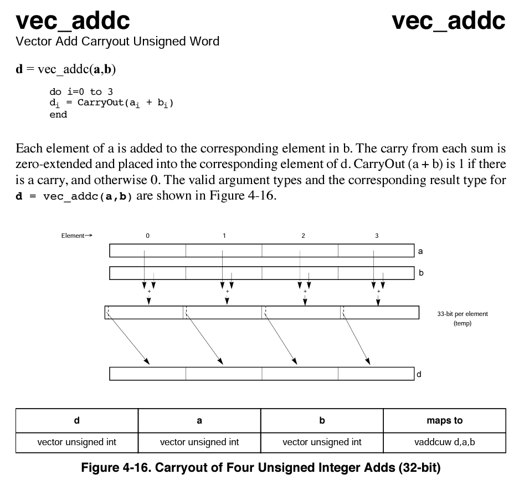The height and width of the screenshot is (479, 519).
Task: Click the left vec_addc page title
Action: click(x=73, y=21)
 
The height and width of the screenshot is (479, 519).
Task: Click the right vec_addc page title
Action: click(x=448, y=21)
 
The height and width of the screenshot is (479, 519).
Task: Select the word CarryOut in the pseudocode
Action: click(x=97, y=103)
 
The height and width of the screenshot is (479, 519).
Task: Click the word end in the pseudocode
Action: click(x=58, y=114)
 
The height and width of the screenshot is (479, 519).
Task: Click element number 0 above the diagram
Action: click(x=147, y=236)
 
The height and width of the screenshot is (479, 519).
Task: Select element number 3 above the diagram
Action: click(x=377, y=236)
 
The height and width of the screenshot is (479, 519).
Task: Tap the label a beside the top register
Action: click(x=420, y=251)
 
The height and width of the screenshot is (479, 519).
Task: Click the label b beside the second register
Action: click(x=421, y=273)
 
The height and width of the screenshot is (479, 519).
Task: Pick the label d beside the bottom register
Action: click(x=419, y=374)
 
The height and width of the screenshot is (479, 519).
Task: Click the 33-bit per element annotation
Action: click(x=463, y=314)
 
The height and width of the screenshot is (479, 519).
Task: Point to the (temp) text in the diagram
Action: click(x=463, y=323)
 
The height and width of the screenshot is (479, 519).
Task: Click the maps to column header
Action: click(x=444, y=420)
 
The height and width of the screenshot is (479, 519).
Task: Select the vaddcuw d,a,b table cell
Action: click(x=444, y=442)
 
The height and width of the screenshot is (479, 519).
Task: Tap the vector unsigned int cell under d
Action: click(x=76, y=442)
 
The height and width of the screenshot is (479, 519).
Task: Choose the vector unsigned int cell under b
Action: click(x=322, y=442)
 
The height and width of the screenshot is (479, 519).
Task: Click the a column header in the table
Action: click(x=199, y=420)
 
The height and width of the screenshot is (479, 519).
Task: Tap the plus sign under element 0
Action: click(x=149, y=291)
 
